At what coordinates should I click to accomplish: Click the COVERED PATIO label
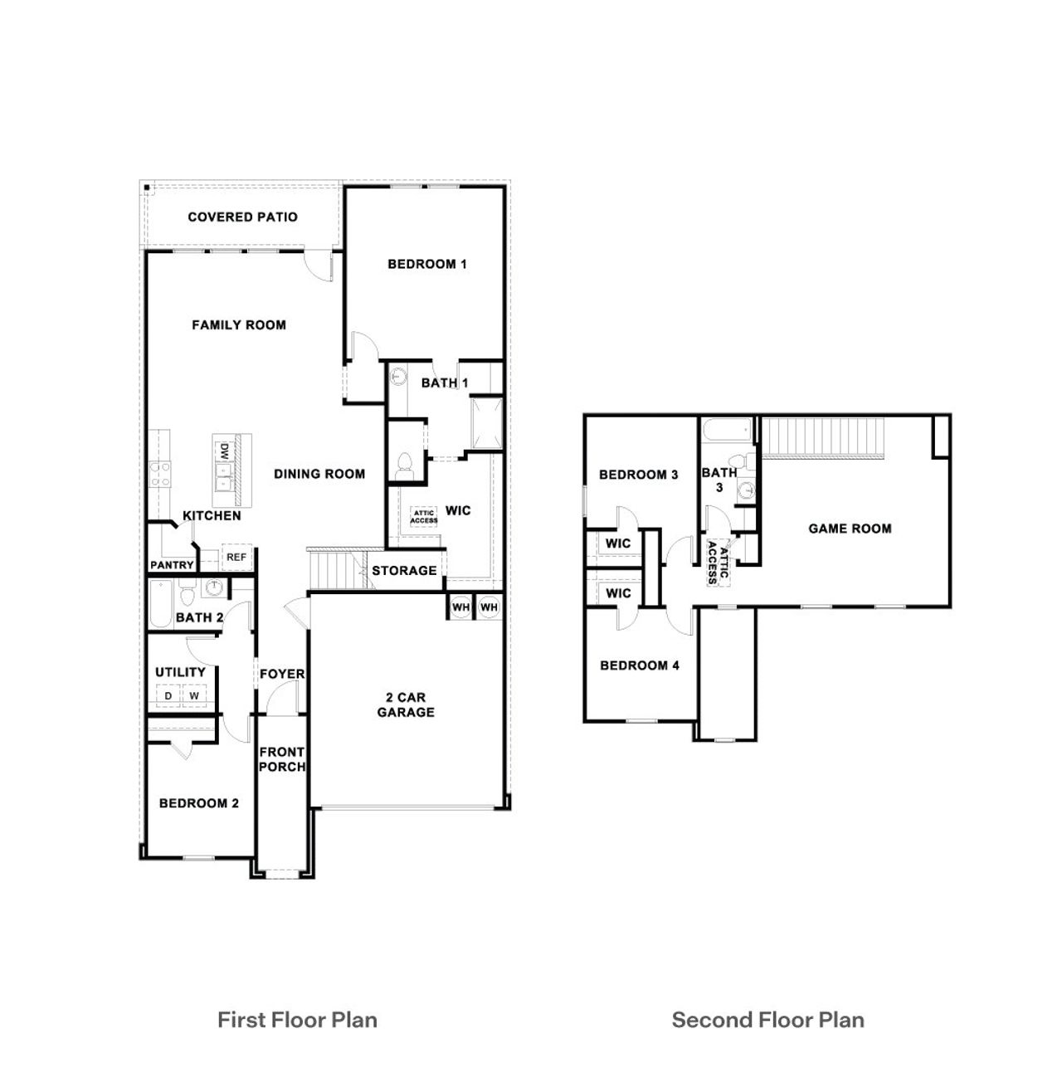pos(242,217)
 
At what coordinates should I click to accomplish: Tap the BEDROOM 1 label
pos(427,265)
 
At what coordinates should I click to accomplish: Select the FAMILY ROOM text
pos(239,325)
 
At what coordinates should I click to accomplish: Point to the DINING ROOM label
pos(319,474)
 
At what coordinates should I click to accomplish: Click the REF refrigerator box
pos(236,558)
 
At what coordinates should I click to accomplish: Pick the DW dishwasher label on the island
pos(223,451)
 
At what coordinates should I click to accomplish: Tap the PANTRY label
pos(172,565)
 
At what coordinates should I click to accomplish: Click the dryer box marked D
pos(168,695)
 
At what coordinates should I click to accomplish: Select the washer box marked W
pos(194,695)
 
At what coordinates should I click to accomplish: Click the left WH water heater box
pos(460,607)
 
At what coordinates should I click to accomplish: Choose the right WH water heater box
pos(489,607)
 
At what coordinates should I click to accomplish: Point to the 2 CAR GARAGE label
pos(406,704)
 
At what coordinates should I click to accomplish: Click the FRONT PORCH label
pos(282,759)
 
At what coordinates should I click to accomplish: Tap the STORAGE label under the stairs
pos(404,571)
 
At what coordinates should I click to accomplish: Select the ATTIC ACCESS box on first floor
pos(424,517)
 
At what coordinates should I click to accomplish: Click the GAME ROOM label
pos(850,529)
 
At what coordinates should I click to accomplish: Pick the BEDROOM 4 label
pos(640,665)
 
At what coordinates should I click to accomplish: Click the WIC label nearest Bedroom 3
pos(618,543)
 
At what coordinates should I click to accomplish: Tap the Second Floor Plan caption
pos(767,1020)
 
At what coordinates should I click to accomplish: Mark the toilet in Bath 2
pos(187,595)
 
